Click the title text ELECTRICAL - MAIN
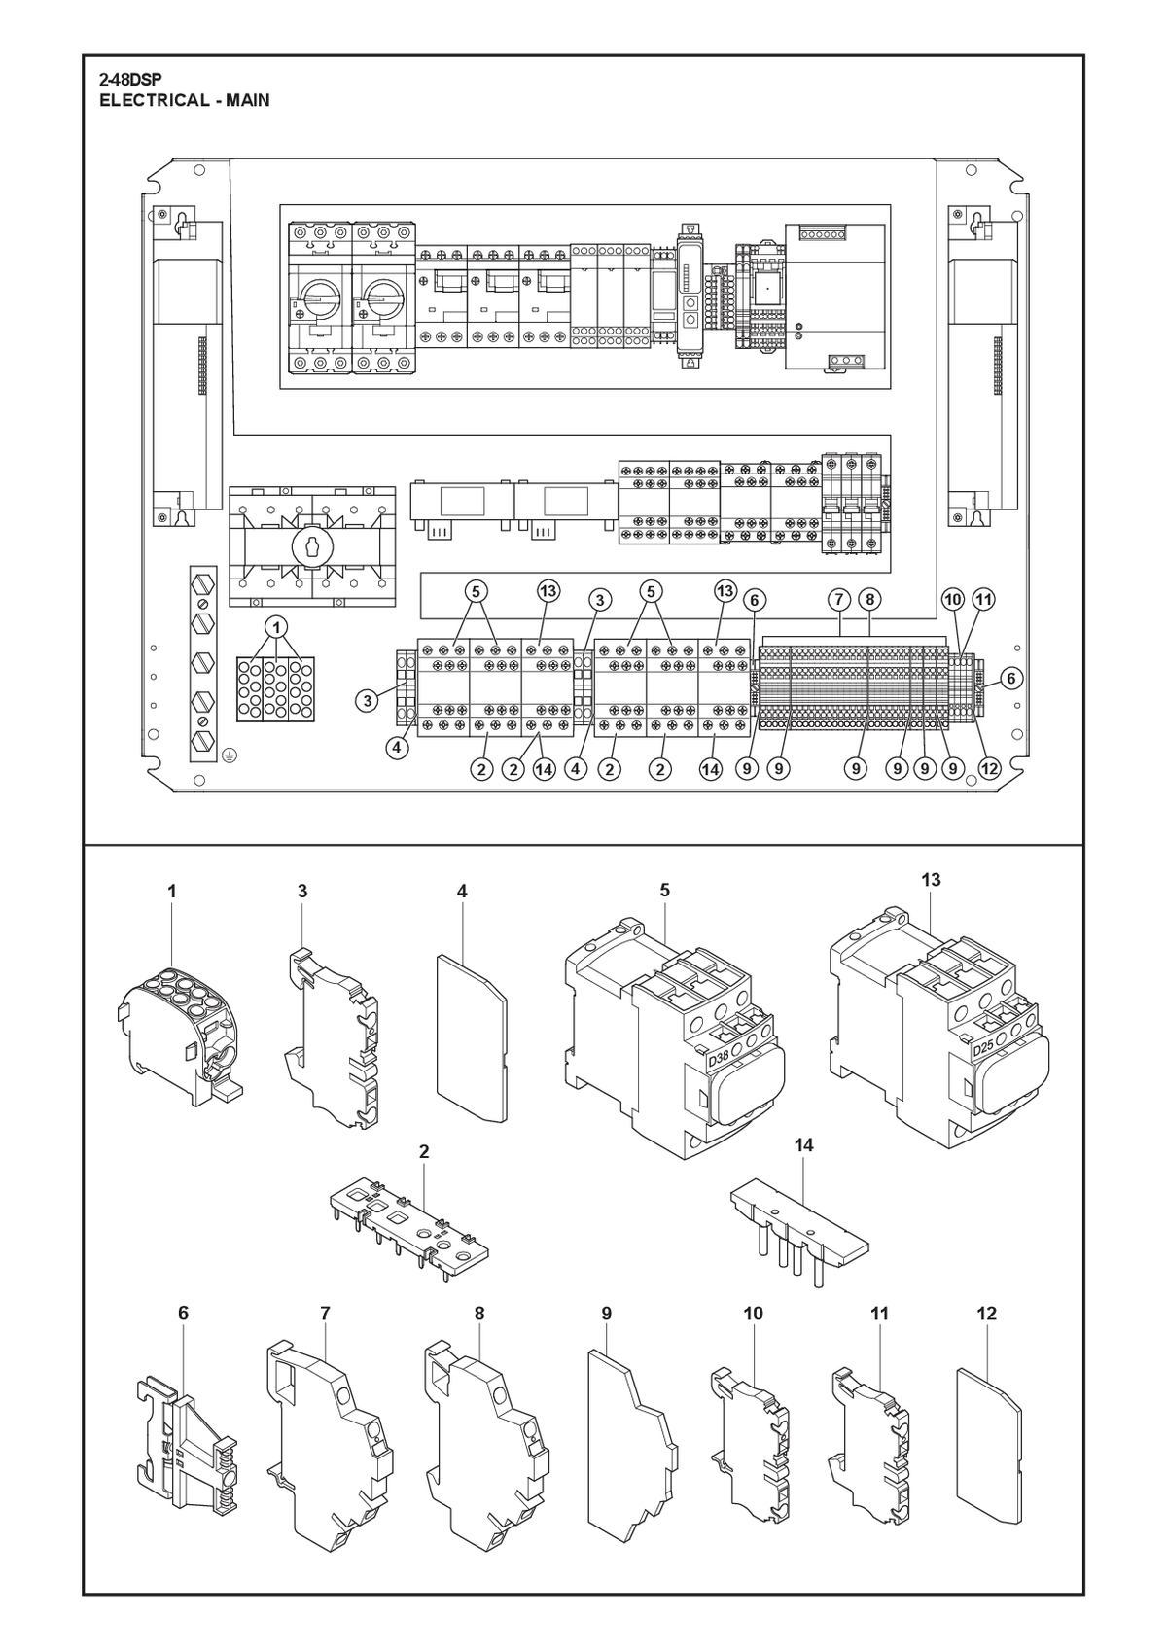[185, 100]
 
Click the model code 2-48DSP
[130, 81]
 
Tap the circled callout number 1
[277, 627]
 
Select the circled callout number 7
[839, 600]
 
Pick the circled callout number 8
[870, 600]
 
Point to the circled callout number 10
[953, 600]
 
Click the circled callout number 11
[983, 600]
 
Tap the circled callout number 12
[988, 769]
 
